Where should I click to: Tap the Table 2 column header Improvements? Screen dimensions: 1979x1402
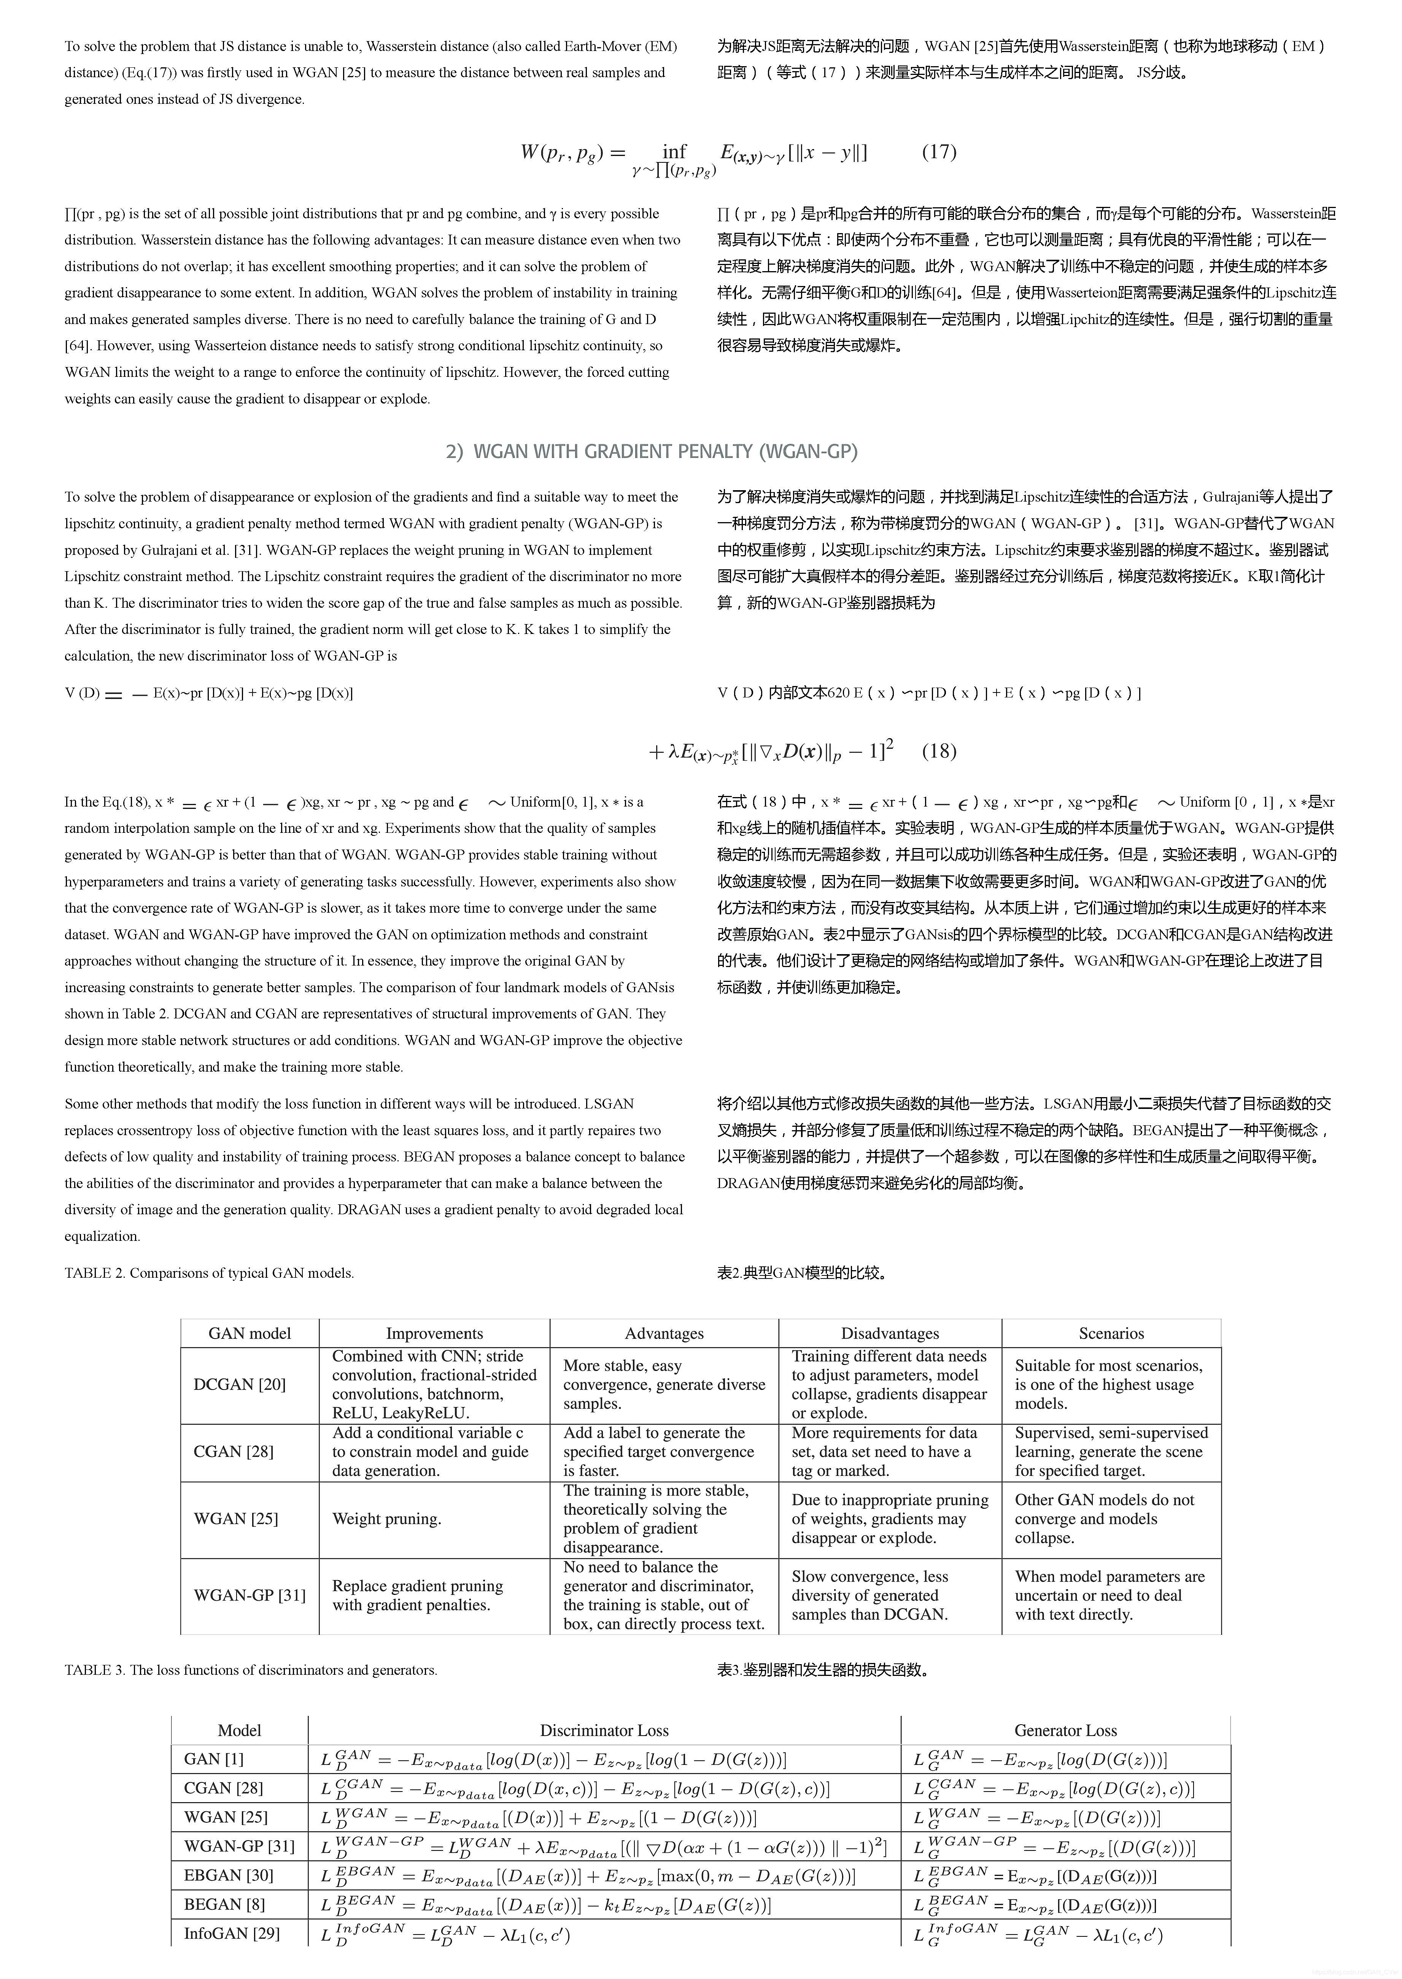coord(434,1333)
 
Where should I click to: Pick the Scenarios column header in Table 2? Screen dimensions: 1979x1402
coord(1111,1333)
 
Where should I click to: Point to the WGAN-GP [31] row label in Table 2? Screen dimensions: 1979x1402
coord(250,1594)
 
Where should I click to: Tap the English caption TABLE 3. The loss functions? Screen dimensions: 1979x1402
coord(250,1669)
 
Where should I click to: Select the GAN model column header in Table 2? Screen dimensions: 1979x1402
coord(250,1333)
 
